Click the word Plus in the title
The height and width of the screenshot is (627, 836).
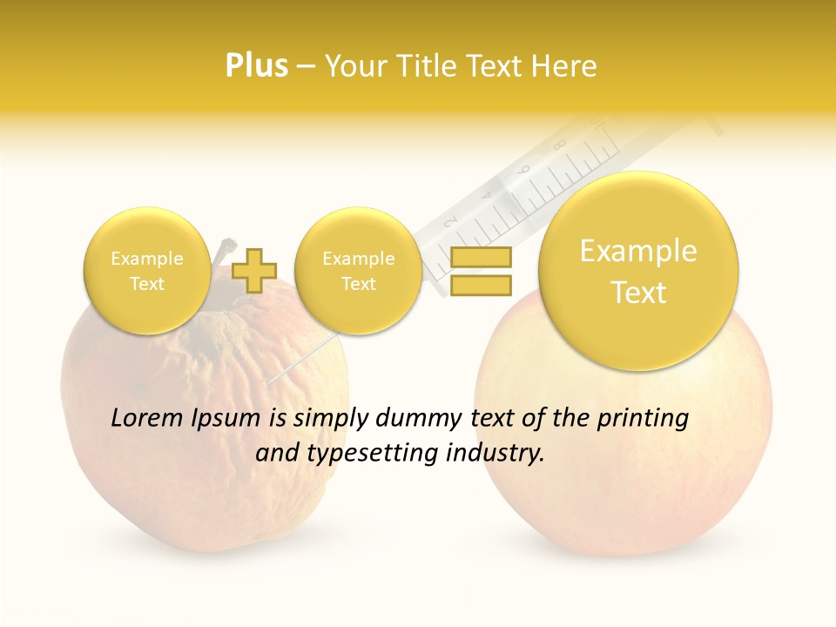pos(256,66)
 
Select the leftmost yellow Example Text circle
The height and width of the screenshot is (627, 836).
pos(146,271)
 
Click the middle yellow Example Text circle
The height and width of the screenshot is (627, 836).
pos(358,271)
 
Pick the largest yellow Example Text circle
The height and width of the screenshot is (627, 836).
pos(638,271)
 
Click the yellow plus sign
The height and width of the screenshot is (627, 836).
pos(253,270)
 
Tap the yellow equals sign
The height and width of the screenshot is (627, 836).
pos(480,271)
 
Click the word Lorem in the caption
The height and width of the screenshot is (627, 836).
pos(148,419)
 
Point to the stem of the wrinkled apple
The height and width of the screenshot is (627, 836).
pos(225,253)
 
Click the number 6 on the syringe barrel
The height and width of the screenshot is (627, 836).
pos(524,171)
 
